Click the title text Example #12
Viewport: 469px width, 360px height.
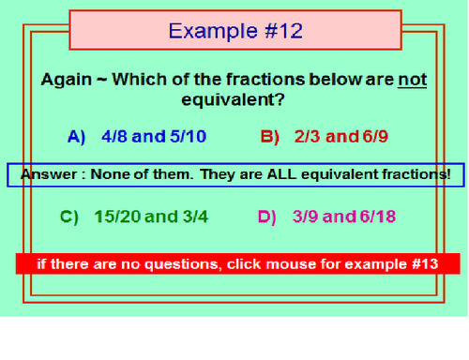coord(235,31)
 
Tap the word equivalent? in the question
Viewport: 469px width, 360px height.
coord(234,99)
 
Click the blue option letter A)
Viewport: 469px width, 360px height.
coord(77,137)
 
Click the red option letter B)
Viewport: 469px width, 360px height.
coord(270,137)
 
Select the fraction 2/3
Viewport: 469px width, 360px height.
coord(307,137)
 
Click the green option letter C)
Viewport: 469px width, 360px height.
coord(69,217)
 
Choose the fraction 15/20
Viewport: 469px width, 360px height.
coord(116,217)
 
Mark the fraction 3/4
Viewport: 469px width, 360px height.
coord(191,217)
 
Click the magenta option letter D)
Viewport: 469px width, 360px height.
coord(267,217)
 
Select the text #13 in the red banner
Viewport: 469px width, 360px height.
coord(424,263)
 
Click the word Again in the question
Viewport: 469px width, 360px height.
coord(66,79)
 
